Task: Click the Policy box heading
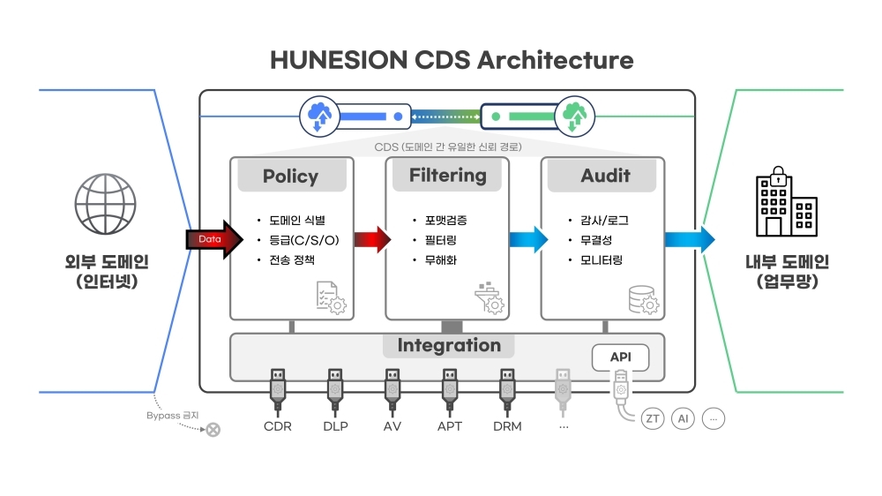(x=290, y=176)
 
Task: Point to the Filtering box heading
(x=447, y=175)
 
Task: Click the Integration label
(x=449, y=345)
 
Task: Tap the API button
(x=620, y=357)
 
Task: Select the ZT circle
(x=652, y=418)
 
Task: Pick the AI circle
(x=683, y=418)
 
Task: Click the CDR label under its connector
(x=278, y=426)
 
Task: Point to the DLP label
(x=335, y=426)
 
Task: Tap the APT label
(x=449, y=426)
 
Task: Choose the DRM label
(x=507, y=426)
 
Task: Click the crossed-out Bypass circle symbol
(x=213, y=430)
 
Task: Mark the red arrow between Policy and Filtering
(x=371, y=239)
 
